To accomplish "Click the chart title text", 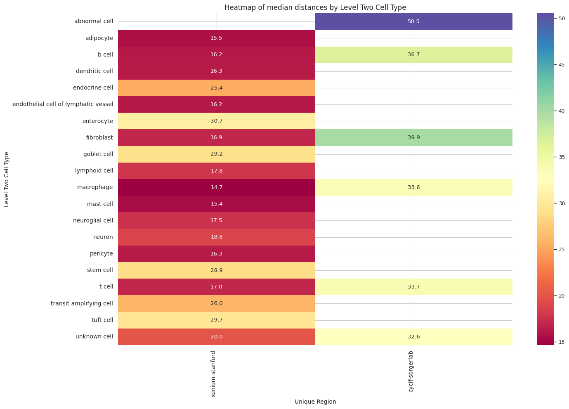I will click(315, 7).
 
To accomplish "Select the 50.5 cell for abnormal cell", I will click(413, 21).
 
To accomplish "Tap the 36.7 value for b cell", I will click(413, 54).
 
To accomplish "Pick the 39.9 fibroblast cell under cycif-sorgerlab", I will click(413, 137).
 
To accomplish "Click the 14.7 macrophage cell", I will click(216, 187).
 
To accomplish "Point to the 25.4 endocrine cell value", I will click(216, 88).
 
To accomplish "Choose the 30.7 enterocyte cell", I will click(216, 121).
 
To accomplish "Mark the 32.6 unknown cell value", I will click(413, 337).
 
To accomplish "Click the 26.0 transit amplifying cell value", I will click(216, 303).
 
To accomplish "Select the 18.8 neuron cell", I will click(216, 237).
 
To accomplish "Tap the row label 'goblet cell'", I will click(98, 154).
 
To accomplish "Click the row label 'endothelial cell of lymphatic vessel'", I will click(63, 104).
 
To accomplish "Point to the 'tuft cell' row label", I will click(102, 320).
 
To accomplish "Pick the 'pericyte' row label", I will click(101, 253).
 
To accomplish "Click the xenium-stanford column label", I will click(213, 374).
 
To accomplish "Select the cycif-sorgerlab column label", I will click(411, 371).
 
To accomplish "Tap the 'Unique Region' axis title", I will click(315, 402).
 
